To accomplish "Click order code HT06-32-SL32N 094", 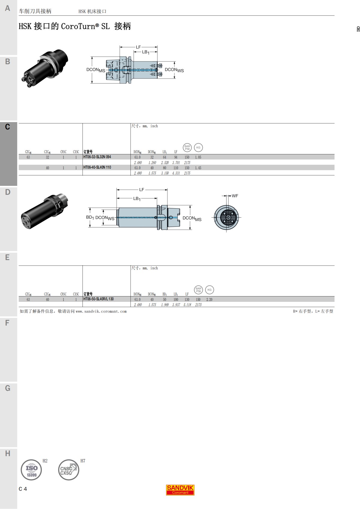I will (97, 157).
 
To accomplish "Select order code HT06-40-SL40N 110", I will (97, 167).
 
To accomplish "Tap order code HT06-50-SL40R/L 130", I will (98, 299).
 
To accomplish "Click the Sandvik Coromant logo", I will (180, 490).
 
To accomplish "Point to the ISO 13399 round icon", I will (31, 470).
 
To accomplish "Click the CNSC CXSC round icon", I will (68, 470).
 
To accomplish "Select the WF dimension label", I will (235, 196).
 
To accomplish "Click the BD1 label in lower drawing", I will (90, 217).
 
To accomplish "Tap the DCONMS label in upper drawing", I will (96, 70).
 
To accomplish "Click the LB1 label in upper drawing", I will (145, 52).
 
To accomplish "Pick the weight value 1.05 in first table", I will (198, 157).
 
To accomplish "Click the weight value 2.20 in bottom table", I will (209, 299).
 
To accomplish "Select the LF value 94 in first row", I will (176, 157).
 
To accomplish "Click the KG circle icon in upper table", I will (198, 147).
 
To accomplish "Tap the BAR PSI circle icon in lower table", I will (198, 290).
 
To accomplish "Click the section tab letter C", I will (7, 127).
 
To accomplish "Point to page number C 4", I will (23, 489).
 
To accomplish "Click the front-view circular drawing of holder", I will (226, 217).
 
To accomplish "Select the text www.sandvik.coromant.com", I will (101, 311).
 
